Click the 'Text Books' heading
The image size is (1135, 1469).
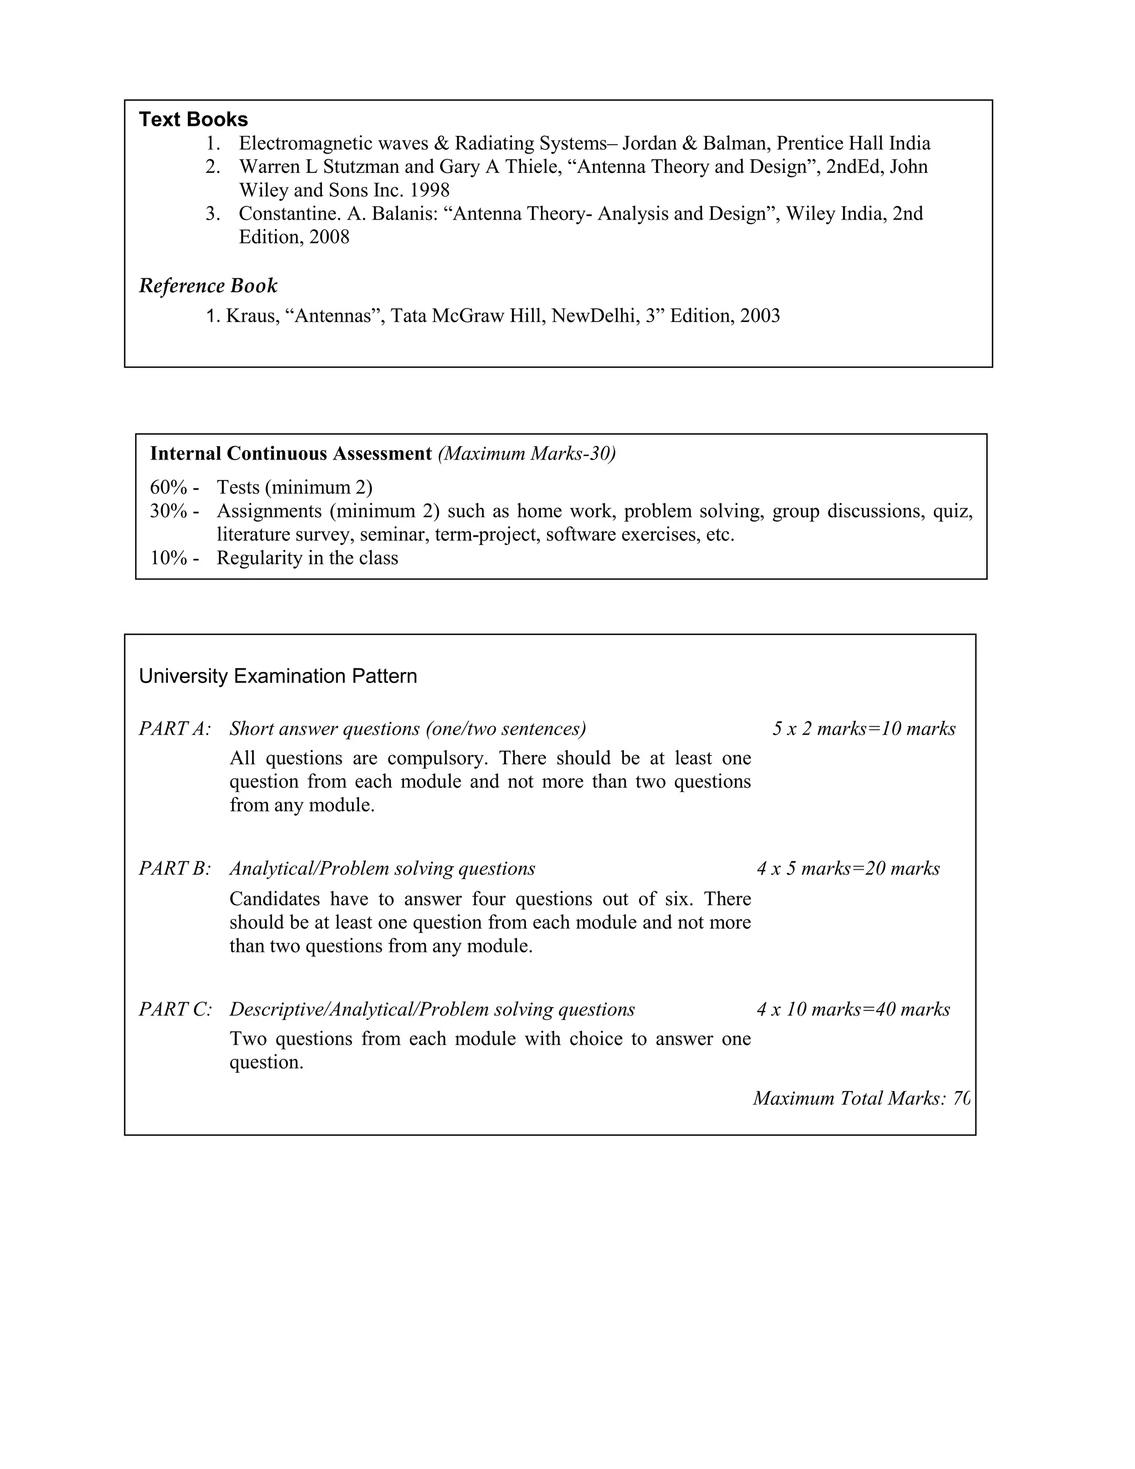[193, 120]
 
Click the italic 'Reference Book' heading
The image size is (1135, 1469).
[208, 286]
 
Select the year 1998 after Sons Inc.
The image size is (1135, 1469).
[430, 190]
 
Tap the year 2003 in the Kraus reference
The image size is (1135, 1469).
[760, 316]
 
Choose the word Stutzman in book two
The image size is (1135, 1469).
[360, 167]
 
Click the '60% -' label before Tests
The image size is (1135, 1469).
[174, 488]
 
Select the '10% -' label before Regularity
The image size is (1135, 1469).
[174, 558]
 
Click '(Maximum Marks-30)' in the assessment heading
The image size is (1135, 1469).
[526, 454]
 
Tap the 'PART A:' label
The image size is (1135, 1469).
[175, 729]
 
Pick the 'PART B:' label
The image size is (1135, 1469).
[175, 869]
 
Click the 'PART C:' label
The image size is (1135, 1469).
[175, 1009]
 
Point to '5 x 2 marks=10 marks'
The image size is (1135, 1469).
[864, 729]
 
